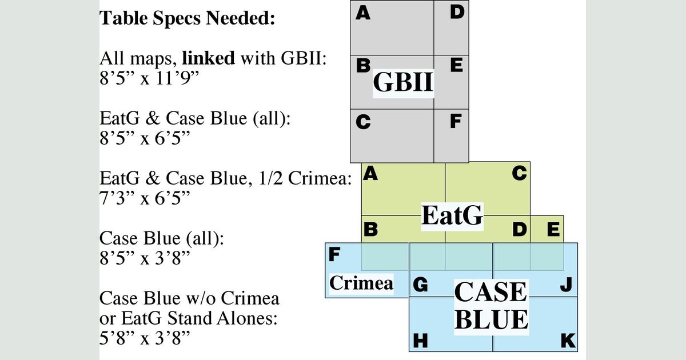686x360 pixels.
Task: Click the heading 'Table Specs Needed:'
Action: click(x=188, y=18)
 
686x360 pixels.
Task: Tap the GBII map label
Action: click(x=403, y=83)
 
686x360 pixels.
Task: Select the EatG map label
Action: click(x=452, y=216)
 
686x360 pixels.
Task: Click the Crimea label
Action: click(x=361, y=283)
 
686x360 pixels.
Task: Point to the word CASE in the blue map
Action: click(x=490, y=292)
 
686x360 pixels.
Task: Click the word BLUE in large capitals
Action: click(x=491, y=320)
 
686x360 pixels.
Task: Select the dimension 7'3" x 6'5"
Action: click(x=145, y=197)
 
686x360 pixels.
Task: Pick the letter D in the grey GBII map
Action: click(x=456, y=12)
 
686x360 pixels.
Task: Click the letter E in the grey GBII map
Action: click(x=456, y=66)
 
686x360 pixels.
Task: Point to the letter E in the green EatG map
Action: click(x=553, y=230)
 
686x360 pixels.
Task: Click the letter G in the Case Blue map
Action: click(x=420, y=285)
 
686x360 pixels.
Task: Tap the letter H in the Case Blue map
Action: click(x=420, y=341)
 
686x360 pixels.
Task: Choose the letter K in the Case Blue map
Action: click(x=568, y=341)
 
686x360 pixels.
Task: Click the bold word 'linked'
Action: click(x=208, y=58)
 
